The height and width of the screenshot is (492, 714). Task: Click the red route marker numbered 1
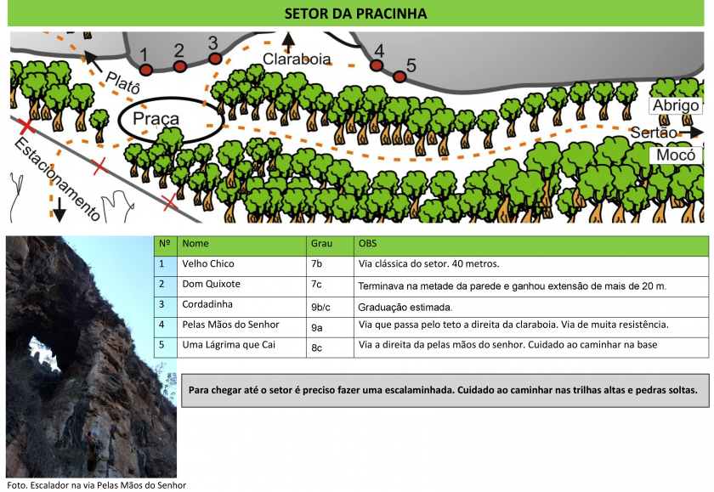click(145, 70)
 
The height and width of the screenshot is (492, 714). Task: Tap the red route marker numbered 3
click(215, 59)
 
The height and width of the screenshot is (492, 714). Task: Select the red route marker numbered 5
click(399, 76)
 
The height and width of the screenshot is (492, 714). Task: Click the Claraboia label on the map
click(297, 59)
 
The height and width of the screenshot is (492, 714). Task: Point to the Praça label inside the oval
click(156, 119)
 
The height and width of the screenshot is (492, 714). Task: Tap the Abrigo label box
click(676, 105)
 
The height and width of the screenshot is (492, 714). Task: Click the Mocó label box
click(676, 156)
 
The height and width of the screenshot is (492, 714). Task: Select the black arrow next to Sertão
click(691, 132)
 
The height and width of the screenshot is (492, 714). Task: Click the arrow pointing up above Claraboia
click(288, 42)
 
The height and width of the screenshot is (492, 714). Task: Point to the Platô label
click(122, 82)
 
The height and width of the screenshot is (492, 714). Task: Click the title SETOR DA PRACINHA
click(355, 14)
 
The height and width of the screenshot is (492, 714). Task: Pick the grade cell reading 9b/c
click(330, 307)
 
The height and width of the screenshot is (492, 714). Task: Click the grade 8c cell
click(330, 348)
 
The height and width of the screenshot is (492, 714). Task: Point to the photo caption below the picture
click(97, 485)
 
